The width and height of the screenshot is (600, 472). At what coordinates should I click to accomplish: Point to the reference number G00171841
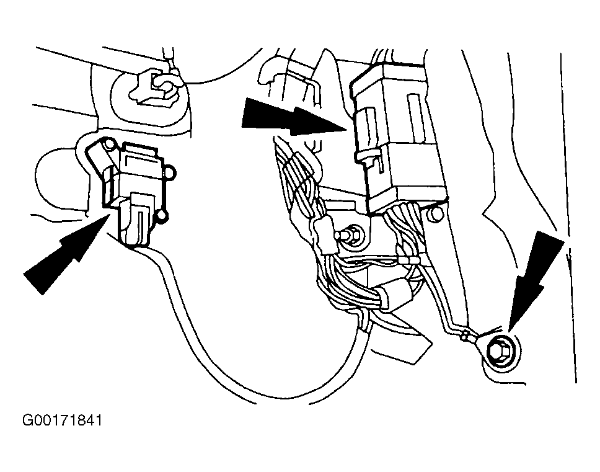(63, 421)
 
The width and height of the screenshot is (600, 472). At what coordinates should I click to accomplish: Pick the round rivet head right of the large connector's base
(436, 216)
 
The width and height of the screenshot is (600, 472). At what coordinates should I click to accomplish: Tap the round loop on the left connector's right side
(172, 172)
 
